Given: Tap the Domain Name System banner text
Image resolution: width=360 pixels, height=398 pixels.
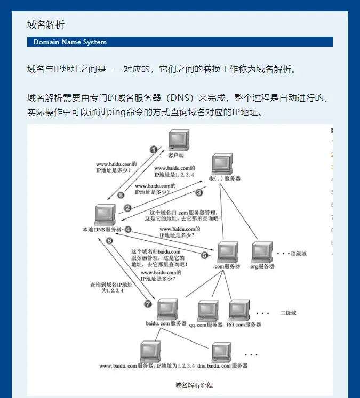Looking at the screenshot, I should pos(70,42).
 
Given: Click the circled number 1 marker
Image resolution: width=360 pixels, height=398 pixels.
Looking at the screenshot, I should pos(154,150).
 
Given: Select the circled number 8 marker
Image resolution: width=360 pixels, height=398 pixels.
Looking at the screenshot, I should pos(121,195).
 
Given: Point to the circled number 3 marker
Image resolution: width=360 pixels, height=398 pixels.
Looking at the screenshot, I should pos(199,192).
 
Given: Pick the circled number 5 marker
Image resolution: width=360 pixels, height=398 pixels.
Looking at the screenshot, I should pos(204,255).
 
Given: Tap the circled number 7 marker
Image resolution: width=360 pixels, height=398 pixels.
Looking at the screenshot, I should pos(148,304).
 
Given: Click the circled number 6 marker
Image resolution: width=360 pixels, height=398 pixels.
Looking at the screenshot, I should pos(109,241).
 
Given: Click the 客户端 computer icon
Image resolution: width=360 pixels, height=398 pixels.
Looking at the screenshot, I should pos(179,141).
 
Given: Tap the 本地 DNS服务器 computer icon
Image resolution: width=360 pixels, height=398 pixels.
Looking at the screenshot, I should pos(104,214).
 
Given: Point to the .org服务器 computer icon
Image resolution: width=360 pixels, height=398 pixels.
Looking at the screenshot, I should pos(262,251).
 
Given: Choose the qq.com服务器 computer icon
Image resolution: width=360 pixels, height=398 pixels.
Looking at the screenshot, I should pos(207,311).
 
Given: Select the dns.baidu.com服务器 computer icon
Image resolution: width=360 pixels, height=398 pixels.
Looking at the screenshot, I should pos(222,352).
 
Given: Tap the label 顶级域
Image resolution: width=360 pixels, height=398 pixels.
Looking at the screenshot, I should pos(298,254).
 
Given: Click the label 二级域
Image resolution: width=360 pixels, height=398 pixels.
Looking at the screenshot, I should pos(288,313).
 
